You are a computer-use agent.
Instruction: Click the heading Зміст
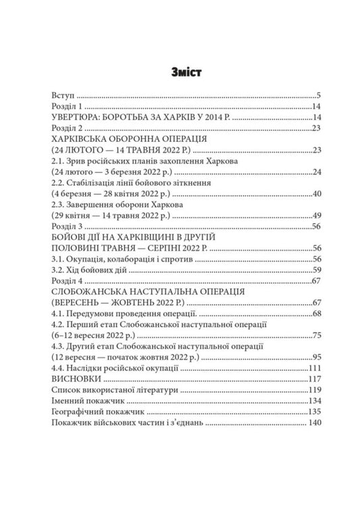pyautogui.click(x=180, y=70)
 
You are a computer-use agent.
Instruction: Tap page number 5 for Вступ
pyautogui.click(x=317, y=96)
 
